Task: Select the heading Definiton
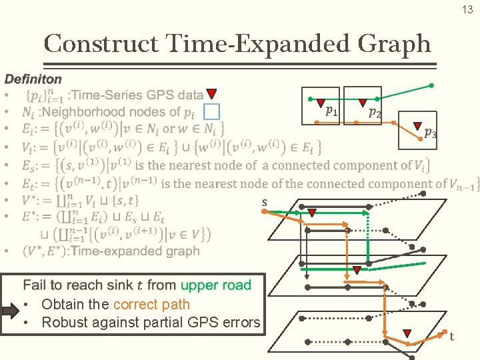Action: coord(33,79)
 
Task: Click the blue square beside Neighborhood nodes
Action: coord(211,111)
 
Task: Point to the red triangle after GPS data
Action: coord(211,95)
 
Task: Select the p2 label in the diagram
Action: coord(375,113)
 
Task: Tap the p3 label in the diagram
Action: coord(431,132)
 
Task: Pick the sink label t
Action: coord(451,337)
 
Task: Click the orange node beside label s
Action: coord(264,211)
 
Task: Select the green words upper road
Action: coord(216,285)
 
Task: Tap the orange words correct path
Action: coord(151,305)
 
